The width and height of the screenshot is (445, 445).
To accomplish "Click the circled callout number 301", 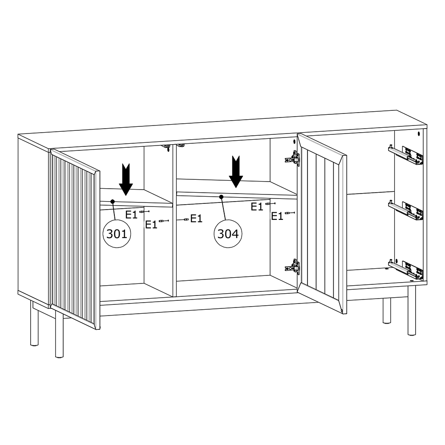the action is click(117, 234).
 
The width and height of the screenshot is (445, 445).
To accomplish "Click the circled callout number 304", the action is click(228, 234).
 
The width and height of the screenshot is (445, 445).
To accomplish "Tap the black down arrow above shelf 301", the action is click(126, 180).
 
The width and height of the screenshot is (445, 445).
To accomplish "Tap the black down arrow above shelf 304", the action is click(236, 172).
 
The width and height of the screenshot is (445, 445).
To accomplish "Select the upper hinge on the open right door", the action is click(292, 157).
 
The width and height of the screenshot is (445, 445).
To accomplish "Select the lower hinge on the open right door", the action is click(292, 267).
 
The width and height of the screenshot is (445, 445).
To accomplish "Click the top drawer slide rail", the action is click(405, 155).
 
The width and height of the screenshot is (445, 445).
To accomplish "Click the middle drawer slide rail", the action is click(405, 210).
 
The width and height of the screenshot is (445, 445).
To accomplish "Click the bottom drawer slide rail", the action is click(405, 269).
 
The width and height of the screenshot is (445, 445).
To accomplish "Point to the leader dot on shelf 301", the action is click(113, 201).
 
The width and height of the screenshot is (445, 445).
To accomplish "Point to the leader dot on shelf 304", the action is click(221, 197).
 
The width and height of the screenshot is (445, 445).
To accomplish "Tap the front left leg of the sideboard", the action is click(59, 333).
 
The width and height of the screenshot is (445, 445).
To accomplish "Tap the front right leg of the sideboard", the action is click(412, 310).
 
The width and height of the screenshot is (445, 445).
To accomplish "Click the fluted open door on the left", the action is click(75, 240).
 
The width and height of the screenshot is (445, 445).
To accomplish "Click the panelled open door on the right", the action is click(322, 223).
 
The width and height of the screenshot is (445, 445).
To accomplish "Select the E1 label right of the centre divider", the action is click(196, 218).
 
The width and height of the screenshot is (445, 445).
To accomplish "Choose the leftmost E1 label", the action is click(131, 215).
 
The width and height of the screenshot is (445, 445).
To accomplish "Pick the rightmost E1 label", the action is click(277, 216).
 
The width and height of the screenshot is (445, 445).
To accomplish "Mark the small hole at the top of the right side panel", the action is click(419, 133).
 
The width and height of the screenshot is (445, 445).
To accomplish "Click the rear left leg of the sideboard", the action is click(34, 324).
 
